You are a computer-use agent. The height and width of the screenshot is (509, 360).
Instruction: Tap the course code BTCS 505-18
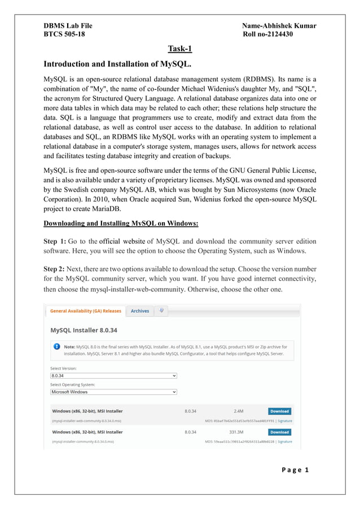pos(65,35)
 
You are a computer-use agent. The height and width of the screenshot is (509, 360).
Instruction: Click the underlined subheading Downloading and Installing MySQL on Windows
pos(121,223)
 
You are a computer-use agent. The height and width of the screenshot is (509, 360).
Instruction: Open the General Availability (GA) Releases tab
pos(85,311)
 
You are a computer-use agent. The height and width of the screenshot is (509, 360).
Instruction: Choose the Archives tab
pos(140,311)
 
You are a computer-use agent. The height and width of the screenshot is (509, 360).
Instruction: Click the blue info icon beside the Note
pos(56,346)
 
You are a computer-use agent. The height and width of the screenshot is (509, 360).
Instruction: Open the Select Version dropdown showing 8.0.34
pos(113,375)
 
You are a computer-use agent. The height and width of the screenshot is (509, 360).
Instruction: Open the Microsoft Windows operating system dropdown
pos(113,392)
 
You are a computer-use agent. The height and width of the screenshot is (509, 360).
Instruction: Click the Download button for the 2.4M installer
pos(279,411)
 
